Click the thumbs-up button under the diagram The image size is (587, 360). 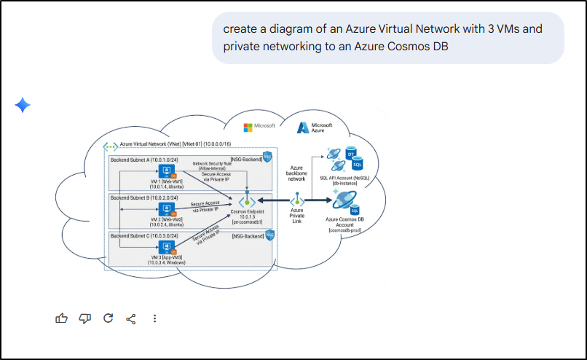pyautogui.click(x=62, y=318)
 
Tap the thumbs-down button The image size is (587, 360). pyautogui.click(x=85, y=318)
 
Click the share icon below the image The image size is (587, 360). pyautogui.click(x=131, y=318)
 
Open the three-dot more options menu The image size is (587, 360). pyautogui.click(x=154, y=318)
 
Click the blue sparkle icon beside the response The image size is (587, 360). pyautogui.click(x=23, y=106)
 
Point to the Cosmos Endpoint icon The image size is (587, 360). pyautogui.click(x=248, y=200)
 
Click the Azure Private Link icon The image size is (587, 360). pyautogui.click(x=296, y=200)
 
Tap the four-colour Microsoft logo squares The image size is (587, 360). pyautogui.click(x=248, y=126)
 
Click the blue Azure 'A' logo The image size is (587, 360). pyautogui.click(x=303, y=128)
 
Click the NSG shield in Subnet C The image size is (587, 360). pyautogui.click(x=269, y=235)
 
